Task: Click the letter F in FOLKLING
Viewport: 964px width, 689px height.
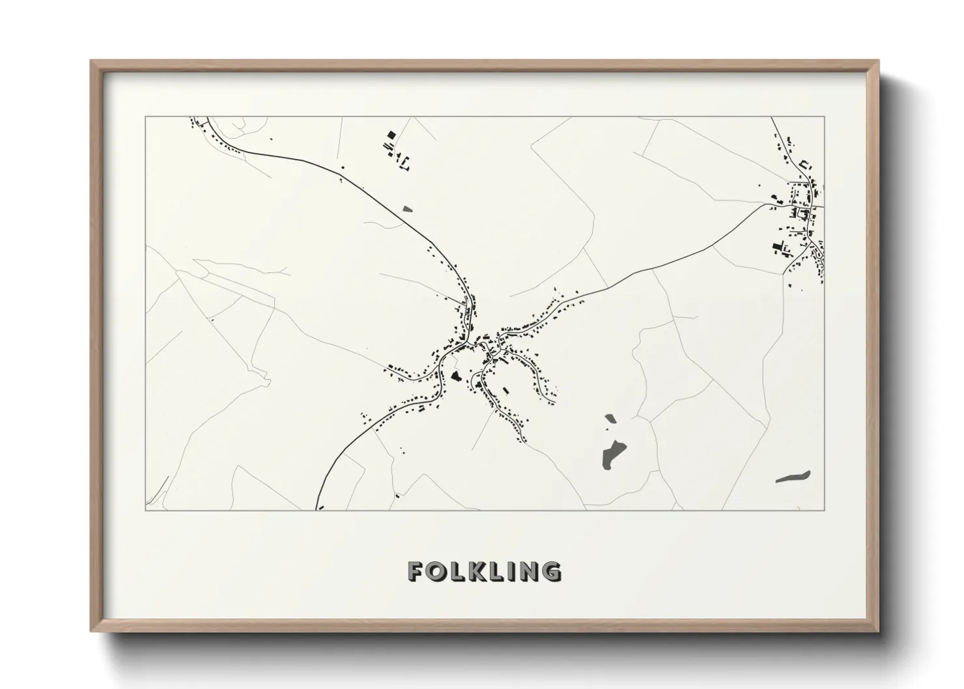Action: pos(417,571)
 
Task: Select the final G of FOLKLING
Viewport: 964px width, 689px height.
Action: pos(550,571)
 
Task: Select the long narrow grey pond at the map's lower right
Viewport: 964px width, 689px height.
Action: pos(793,477)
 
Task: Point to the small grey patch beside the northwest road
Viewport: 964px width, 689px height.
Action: pos(408,209)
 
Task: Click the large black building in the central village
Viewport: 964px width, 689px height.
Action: pos(455,376)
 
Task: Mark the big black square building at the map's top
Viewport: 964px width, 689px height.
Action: pos(391,135)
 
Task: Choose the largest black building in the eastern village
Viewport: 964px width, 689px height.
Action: pos(777,246)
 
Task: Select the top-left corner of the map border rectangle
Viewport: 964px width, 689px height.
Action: pos(146,117)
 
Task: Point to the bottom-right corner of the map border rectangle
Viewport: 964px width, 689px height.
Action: pos(824,510)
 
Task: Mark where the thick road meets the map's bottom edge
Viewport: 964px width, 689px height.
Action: pos(317,509)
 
